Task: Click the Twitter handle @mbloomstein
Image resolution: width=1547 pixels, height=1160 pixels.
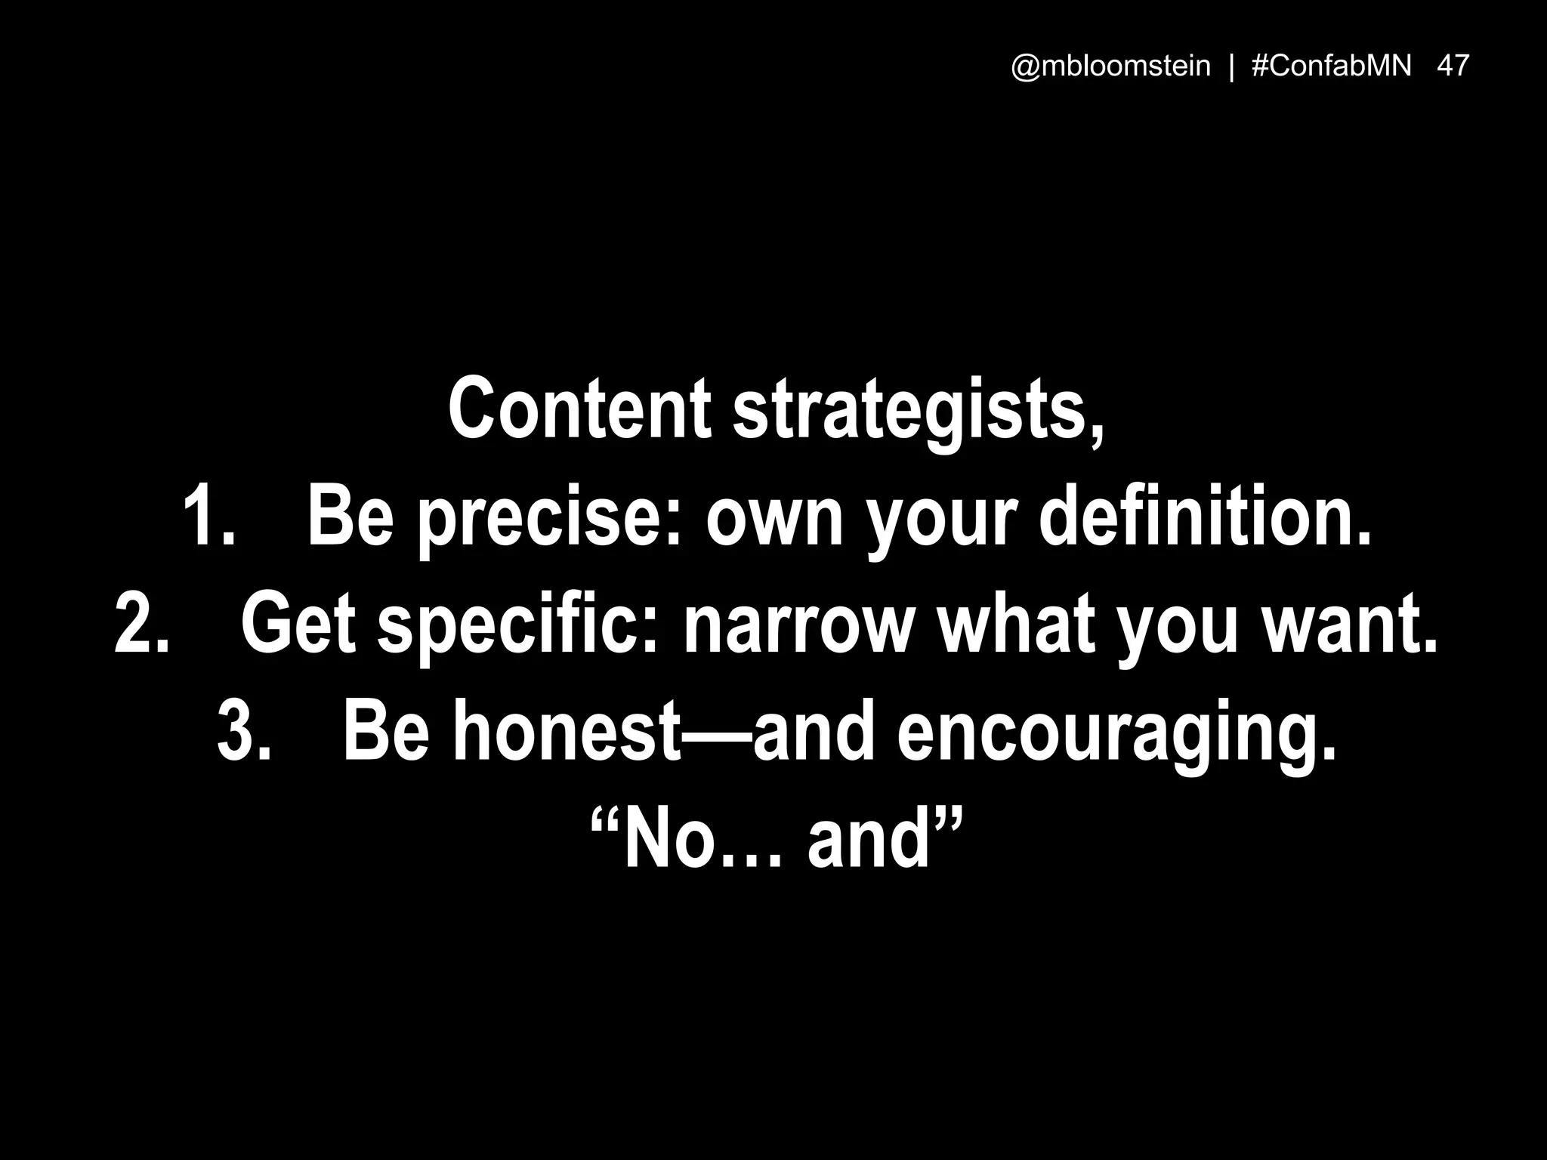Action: coord(1110,66)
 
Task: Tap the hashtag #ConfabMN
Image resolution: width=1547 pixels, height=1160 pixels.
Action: coord(1332,66)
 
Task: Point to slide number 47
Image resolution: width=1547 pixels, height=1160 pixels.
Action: coord(1453,66)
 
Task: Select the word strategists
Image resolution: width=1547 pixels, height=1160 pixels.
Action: coord(917,412)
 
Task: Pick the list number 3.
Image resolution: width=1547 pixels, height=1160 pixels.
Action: coord(243,732)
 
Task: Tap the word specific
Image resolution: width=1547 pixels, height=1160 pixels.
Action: coord(518,627)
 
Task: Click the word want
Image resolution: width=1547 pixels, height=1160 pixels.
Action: coord(1349,625)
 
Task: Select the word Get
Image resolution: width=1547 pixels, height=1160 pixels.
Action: coord(298,625)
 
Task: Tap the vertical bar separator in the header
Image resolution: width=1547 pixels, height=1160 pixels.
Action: coord(1232,66)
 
